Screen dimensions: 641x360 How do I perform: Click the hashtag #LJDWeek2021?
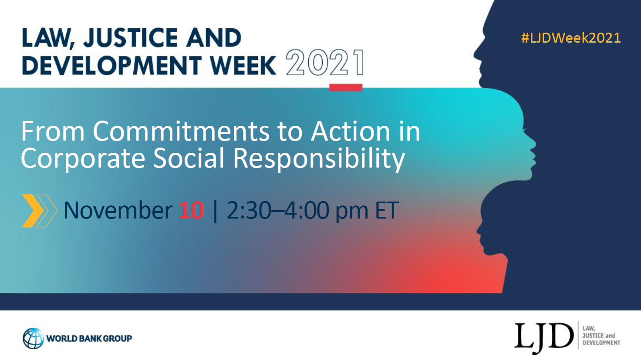tap(571, 38)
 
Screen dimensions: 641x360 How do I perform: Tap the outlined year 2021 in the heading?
tap(325, 62)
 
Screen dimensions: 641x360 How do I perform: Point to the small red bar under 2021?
tap(346, 87)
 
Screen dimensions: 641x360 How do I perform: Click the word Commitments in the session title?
tap(181, 131)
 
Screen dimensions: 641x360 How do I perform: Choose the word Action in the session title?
tap(351, 131)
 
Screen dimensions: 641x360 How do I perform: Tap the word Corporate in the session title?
tap(83, 158)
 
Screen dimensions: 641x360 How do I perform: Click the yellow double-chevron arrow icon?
tap(40, 210)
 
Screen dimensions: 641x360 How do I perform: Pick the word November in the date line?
tap(118, 211)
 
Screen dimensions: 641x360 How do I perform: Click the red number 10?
tap(191, 211)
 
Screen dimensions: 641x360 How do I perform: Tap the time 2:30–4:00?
tap(277, 211)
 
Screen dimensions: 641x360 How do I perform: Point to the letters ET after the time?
tap(387, 211)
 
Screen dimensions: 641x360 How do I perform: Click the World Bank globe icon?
tap(34, 338)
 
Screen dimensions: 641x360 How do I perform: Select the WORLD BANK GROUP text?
tap(89, 339)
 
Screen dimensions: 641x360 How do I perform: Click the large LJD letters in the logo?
tap(544, 338)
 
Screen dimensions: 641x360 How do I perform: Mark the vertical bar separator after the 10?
tap(215, 211)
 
